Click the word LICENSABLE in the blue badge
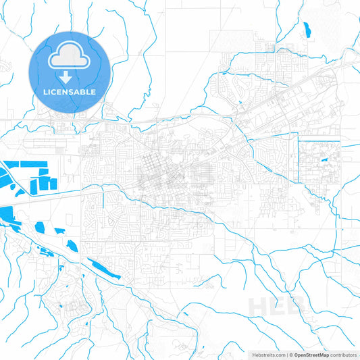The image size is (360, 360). (70, 92)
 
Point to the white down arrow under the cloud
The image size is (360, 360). (70, 76)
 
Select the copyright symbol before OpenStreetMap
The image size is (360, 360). (291, 354)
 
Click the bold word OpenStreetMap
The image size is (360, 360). (311, 354)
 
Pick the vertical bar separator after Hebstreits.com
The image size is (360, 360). (286, 354)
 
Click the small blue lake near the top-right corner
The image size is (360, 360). (307, 30)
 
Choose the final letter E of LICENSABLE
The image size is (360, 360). (93, 92)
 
